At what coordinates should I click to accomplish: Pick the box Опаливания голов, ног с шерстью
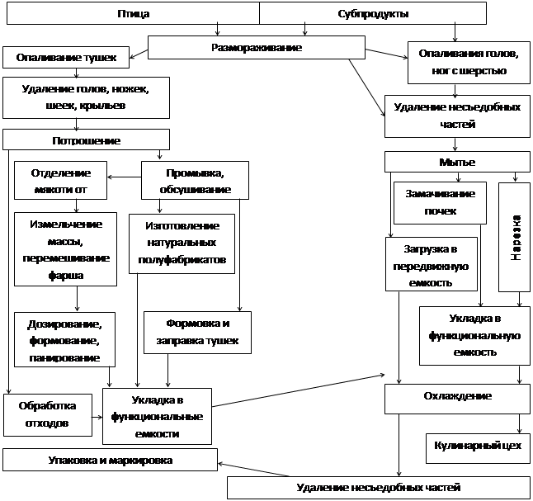point(468,63)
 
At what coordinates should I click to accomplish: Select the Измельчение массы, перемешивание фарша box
point(65,247)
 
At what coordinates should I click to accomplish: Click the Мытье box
point(456,162)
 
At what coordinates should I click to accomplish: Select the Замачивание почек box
point(441,202)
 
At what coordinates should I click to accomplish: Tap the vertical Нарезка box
point(515,237)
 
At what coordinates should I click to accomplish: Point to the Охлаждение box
point(457,396)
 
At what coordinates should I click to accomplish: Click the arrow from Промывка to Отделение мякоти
point(125,176)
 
